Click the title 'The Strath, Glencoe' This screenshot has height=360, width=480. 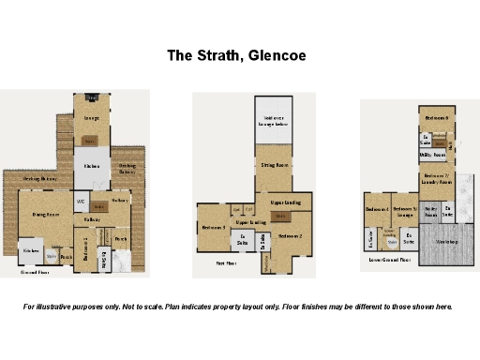pos(236,56)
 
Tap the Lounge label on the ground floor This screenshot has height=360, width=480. pos(92,119)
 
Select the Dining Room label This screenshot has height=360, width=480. pos(46,215)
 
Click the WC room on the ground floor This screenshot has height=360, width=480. pos(82,201)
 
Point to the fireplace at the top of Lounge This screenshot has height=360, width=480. pos(92,98)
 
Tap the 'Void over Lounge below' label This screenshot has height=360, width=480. pos(274,120)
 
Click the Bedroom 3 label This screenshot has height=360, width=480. pos(213,227)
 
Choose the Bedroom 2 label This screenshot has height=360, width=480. pos(291,235)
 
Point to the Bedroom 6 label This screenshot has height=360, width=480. pos(436,119)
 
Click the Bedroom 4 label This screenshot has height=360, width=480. pos(377,209)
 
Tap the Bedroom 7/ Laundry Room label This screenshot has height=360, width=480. pos(436,178)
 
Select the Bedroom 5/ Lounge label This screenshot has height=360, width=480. pos(405,211)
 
